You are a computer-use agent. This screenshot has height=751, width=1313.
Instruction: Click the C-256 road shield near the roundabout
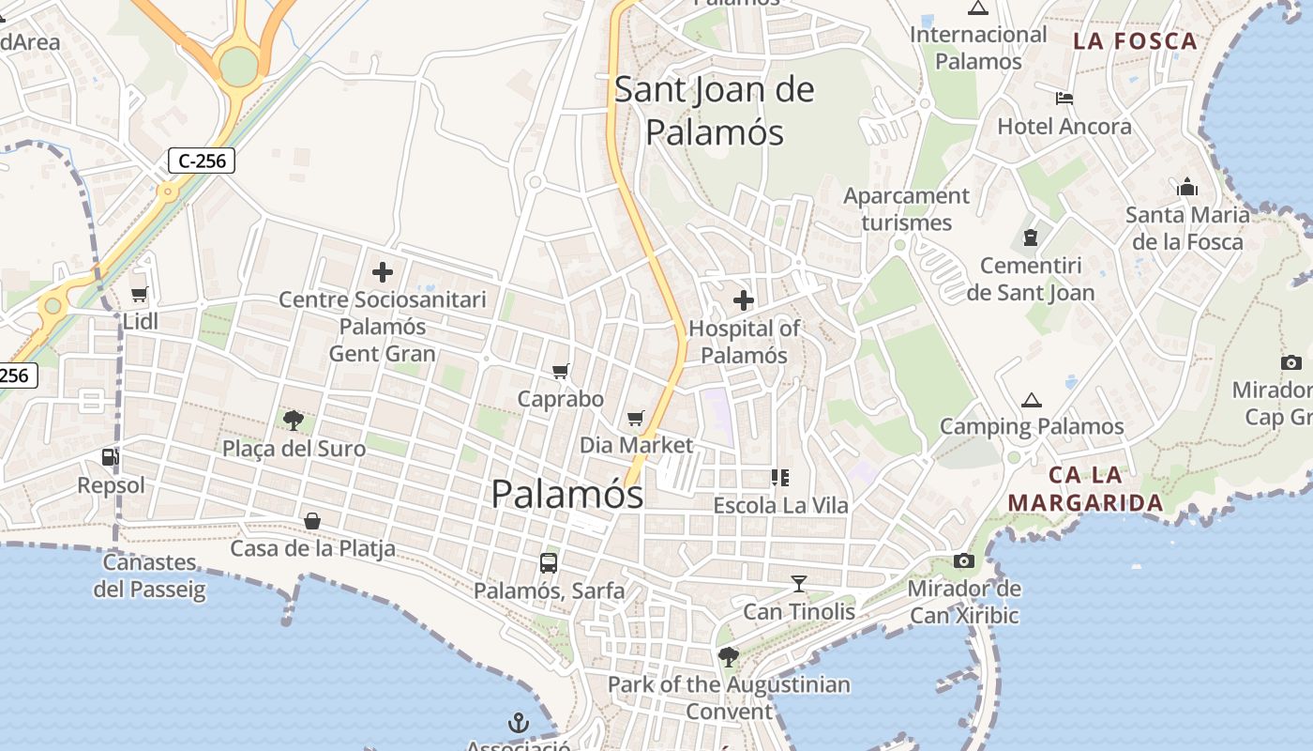(202, 161)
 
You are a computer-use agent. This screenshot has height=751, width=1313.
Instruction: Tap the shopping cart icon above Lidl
(140, 295)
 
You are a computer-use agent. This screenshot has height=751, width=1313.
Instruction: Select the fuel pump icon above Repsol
(111, 458)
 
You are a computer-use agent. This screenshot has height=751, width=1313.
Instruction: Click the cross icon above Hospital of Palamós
(744, 300)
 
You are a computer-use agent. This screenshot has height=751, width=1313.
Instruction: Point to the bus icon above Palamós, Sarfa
(549, 563)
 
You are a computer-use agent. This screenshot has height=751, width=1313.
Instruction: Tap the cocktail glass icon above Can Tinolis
(799, 584)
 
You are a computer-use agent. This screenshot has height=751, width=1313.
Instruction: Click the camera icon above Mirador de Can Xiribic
(963, 560)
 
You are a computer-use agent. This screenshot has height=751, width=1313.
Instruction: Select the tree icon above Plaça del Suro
(293, 420)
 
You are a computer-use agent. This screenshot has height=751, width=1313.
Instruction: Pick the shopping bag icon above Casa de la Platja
(312, 520)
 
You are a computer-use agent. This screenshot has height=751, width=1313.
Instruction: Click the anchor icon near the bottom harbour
(519, 723)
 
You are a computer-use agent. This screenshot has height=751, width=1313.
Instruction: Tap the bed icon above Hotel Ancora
(1064, 98)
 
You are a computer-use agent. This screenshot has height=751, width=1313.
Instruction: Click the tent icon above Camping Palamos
(1032, 400)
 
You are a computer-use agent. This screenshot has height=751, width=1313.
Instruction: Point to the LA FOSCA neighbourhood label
(1136, 41)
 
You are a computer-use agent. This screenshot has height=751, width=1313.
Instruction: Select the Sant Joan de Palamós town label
(715, 111)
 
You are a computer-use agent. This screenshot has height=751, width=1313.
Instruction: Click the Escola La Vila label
(780, 505)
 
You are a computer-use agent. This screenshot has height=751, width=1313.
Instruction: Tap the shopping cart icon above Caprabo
(561, 371)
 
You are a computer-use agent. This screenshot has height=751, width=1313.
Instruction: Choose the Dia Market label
(636, 445)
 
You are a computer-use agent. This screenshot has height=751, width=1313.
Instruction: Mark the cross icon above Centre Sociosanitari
(383, 272)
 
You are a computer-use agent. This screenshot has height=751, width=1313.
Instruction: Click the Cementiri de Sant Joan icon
(1032, 238)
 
